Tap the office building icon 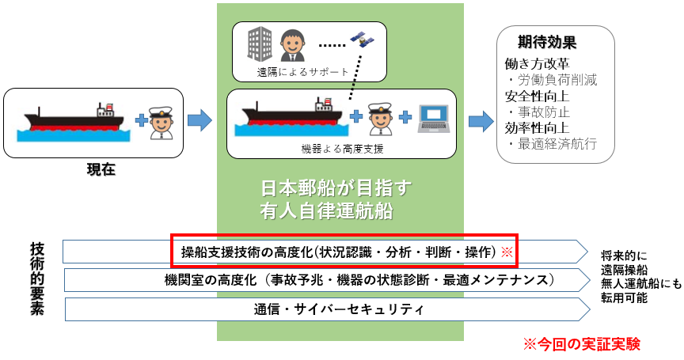[259, 44]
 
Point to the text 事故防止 [541, 112]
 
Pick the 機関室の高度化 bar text [358, 280]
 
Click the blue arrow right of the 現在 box [199, 120]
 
